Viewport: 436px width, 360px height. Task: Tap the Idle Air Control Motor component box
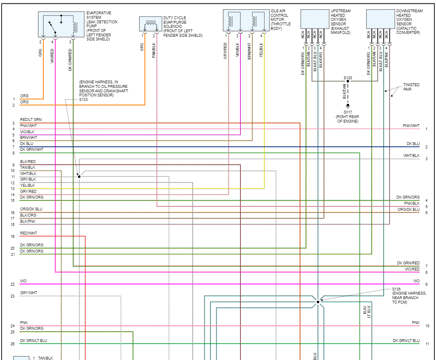click(x=245, y=20)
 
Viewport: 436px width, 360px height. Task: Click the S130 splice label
click(x=348, y=78)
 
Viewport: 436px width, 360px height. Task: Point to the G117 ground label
click(x=348, y=112)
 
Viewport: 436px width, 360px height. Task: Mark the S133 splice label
click(x=83, y=100)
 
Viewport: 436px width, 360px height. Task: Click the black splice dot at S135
click(x=318, y=302)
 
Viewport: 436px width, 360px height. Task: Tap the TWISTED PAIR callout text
click(x=411, y=87)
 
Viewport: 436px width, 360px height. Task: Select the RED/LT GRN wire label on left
click(x=31, y=120)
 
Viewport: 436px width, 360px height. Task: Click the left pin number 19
click(x=13, y=236)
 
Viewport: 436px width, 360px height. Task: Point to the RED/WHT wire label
click(x=29, y=233)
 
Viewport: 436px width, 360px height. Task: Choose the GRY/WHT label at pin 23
click(x=29, y=293)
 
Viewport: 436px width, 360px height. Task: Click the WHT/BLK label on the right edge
click(x=411, y=156)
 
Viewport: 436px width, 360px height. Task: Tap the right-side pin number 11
click(x=427, y=344)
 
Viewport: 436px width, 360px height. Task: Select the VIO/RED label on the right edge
click(x=412, y=269)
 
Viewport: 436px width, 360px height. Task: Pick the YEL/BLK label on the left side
click(x=28, y=186)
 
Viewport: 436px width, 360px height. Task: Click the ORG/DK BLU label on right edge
click(x=408, y=210)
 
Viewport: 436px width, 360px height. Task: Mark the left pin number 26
click(x=13, y=344)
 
